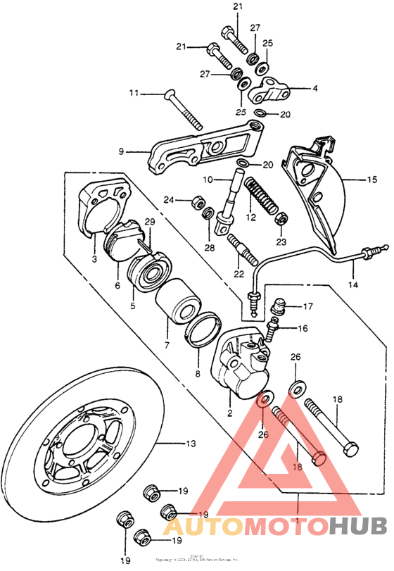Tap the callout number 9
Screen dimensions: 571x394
click(121, 151)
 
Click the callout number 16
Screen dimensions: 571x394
click(304, 329)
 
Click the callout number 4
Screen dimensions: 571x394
click(314, 89)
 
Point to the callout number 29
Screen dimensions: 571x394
click(149, 222)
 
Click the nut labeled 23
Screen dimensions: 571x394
click(279, 218)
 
